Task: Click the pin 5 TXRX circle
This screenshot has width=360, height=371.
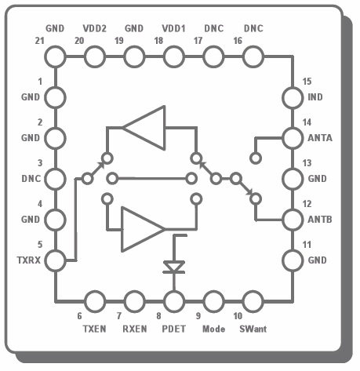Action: (55, 260)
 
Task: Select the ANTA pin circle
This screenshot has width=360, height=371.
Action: (293, 138)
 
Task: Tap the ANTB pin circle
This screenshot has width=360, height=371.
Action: (293, 220)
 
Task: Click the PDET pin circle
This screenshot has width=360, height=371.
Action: (174, 301)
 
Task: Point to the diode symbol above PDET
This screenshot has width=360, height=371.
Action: (174, 267)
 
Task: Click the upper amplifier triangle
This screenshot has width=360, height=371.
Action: (144, 128)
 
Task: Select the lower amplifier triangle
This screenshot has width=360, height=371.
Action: (144, 229)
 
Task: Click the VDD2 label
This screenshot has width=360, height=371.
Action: (95, 28)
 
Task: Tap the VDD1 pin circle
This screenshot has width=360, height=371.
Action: (174, 56)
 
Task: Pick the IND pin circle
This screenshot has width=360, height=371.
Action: (293, 97)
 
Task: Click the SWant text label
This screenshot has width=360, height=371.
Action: (253, 329)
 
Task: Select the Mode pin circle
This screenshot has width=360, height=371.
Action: (213, 301)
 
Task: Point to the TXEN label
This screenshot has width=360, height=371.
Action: (94, 329)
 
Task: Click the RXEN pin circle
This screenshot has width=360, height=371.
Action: (134, 301)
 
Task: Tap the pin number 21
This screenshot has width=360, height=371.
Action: (39, 41)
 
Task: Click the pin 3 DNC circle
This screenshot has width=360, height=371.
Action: (55, 179)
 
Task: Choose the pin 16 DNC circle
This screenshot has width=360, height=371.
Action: (253, 56)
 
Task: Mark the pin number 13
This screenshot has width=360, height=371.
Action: (307, 163)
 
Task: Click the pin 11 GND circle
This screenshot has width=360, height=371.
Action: (293, 260)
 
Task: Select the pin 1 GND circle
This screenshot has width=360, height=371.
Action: (55, 97)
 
